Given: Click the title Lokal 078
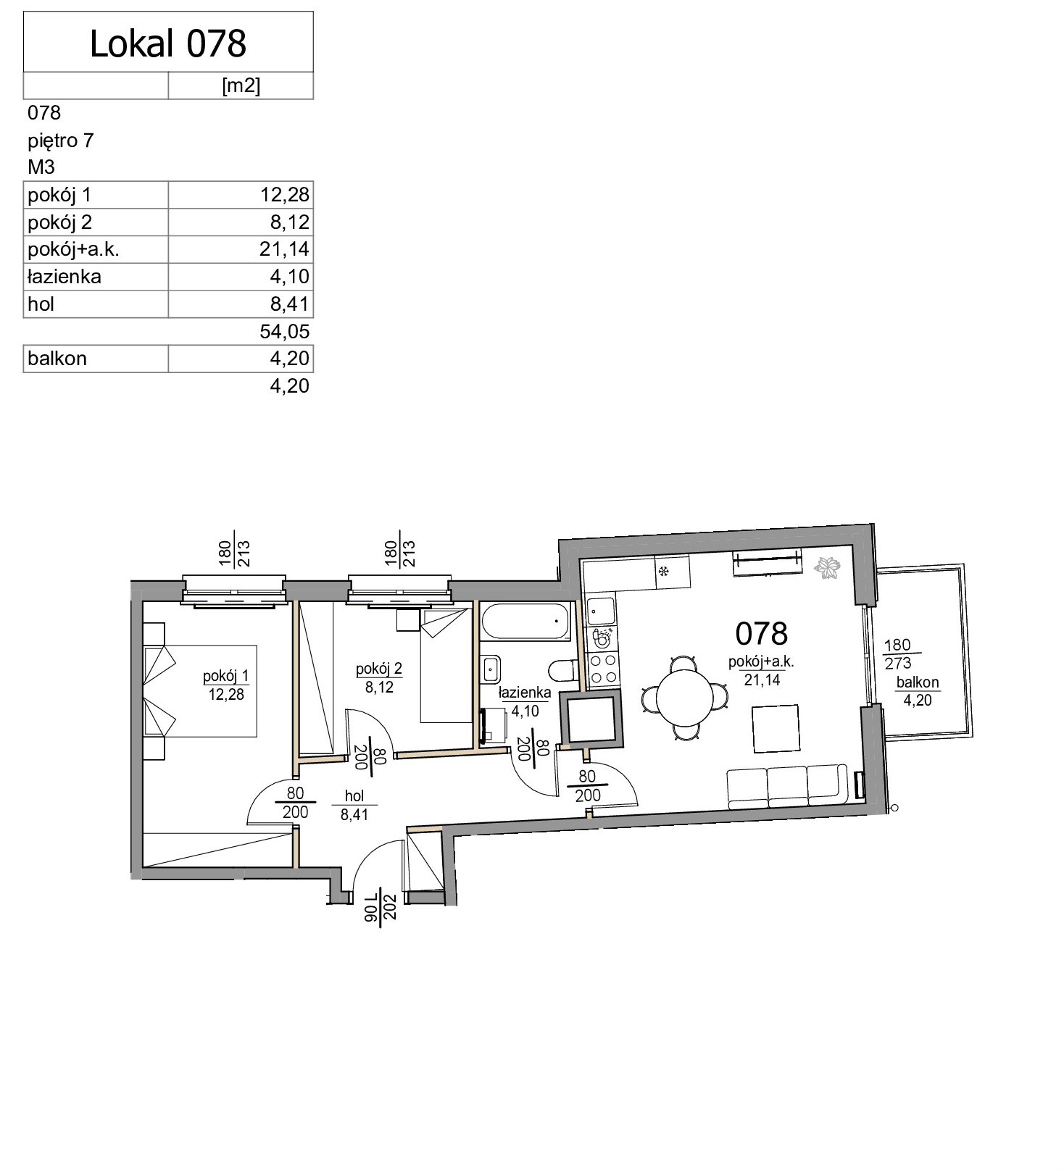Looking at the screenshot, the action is point(168,43).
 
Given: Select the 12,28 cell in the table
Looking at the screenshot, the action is point(285,195).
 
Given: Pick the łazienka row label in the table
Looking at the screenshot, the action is point(65,277).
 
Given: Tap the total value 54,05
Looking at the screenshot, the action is point(285,332).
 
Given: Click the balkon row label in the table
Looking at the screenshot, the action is point(57,359).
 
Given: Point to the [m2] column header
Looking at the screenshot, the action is point(241,85).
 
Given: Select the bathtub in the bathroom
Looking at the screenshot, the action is point(526,622).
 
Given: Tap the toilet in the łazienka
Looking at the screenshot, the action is point(563,670).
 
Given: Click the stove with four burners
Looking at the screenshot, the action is point(602,670).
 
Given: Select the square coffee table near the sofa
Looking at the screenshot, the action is point(776,729).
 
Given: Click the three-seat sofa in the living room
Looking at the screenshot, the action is point(787,786).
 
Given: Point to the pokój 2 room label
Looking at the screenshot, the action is point(379,669).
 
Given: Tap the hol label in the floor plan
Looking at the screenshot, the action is point(355,796).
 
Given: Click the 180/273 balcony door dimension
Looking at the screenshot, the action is point(897,654).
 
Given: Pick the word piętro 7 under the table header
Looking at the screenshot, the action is point(61,141).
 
